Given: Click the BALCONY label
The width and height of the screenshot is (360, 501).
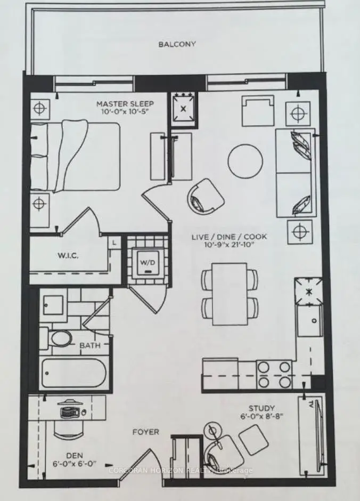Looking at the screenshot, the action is [177, 44].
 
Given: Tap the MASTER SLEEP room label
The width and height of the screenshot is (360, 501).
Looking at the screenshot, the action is [125, 104].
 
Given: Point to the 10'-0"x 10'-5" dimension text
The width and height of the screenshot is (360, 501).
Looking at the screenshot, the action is [125, 111].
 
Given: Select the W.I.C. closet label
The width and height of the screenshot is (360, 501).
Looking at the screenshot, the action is [68, 256].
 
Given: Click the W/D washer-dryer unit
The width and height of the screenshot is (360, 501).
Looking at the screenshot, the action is [148, 263].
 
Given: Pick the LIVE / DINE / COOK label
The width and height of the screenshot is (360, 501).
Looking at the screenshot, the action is [229, 237].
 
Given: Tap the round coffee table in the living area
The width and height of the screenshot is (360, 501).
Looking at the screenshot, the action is [246, 160].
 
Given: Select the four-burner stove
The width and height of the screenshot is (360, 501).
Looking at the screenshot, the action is [274, 373].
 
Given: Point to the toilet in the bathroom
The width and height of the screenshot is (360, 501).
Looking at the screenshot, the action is [58, 338].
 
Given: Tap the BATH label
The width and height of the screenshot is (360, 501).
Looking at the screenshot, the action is [90, 345].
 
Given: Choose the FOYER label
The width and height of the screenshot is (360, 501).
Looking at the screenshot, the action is [145, 432].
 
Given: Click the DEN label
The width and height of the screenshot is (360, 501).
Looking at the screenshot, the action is [75, 456].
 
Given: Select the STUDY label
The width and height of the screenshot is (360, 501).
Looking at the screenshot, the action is [261, 408].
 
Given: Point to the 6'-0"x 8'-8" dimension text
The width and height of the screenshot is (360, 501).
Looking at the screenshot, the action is [261, 416].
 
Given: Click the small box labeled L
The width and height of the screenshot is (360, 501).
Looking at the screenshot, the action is [114, 243].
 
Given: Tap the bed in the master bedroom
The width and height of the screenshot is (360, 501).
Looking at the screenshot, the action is [75, 157].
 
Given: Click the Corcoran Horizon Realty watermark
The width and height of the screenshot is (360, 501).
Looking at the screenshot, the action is [181, 470].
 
